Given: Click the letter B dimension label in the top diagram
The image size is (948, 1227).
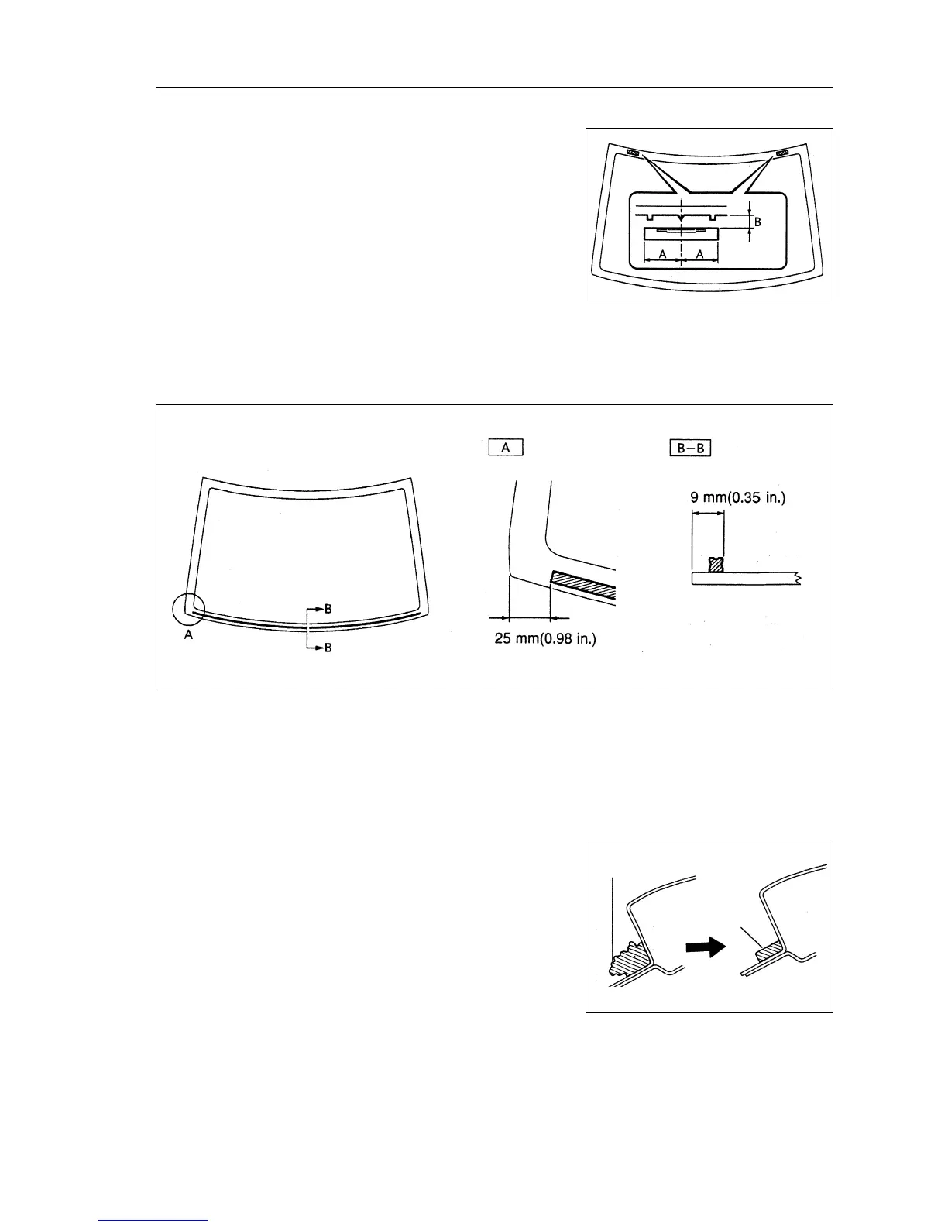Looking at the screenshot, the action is (758, 222).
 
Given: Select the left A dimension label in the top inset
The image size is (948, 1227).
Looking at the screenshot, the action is (662, 254).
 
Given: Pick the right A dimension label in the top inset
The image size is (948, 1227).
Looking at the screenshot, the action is (699, 254).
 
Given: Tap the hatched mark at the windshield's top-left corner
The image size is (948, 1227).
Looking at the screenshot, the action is (634, 153).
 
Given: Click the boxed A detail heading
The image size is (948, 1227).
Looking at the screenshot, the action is (506, 448).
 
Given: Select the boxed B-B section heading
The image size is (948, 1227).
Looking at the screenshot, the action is (690, 448).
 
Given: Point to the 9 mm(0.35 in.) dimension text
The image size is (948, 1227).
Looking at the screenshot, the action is (737, 499).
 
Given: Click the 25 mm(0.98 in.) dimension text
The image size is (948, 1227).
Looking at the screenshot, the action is (545, 640).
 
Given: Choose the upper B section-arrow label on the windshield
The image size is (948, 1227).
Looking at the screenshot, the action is (328, 609).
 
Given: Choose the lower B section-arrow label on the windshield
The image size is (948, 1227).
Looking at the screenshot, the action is (328, 647).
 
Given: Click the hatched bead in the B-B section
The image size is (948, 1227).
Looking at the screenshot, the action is (716, 565).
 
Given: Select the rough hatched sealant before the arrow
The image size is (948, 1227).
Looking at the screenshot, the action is (627, 960).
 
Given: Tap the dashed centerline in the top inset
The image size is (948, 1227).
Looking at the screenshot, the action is (681, 232).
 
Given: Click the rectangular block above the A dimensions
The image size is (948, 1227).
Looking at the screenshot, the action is (681, 234).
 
